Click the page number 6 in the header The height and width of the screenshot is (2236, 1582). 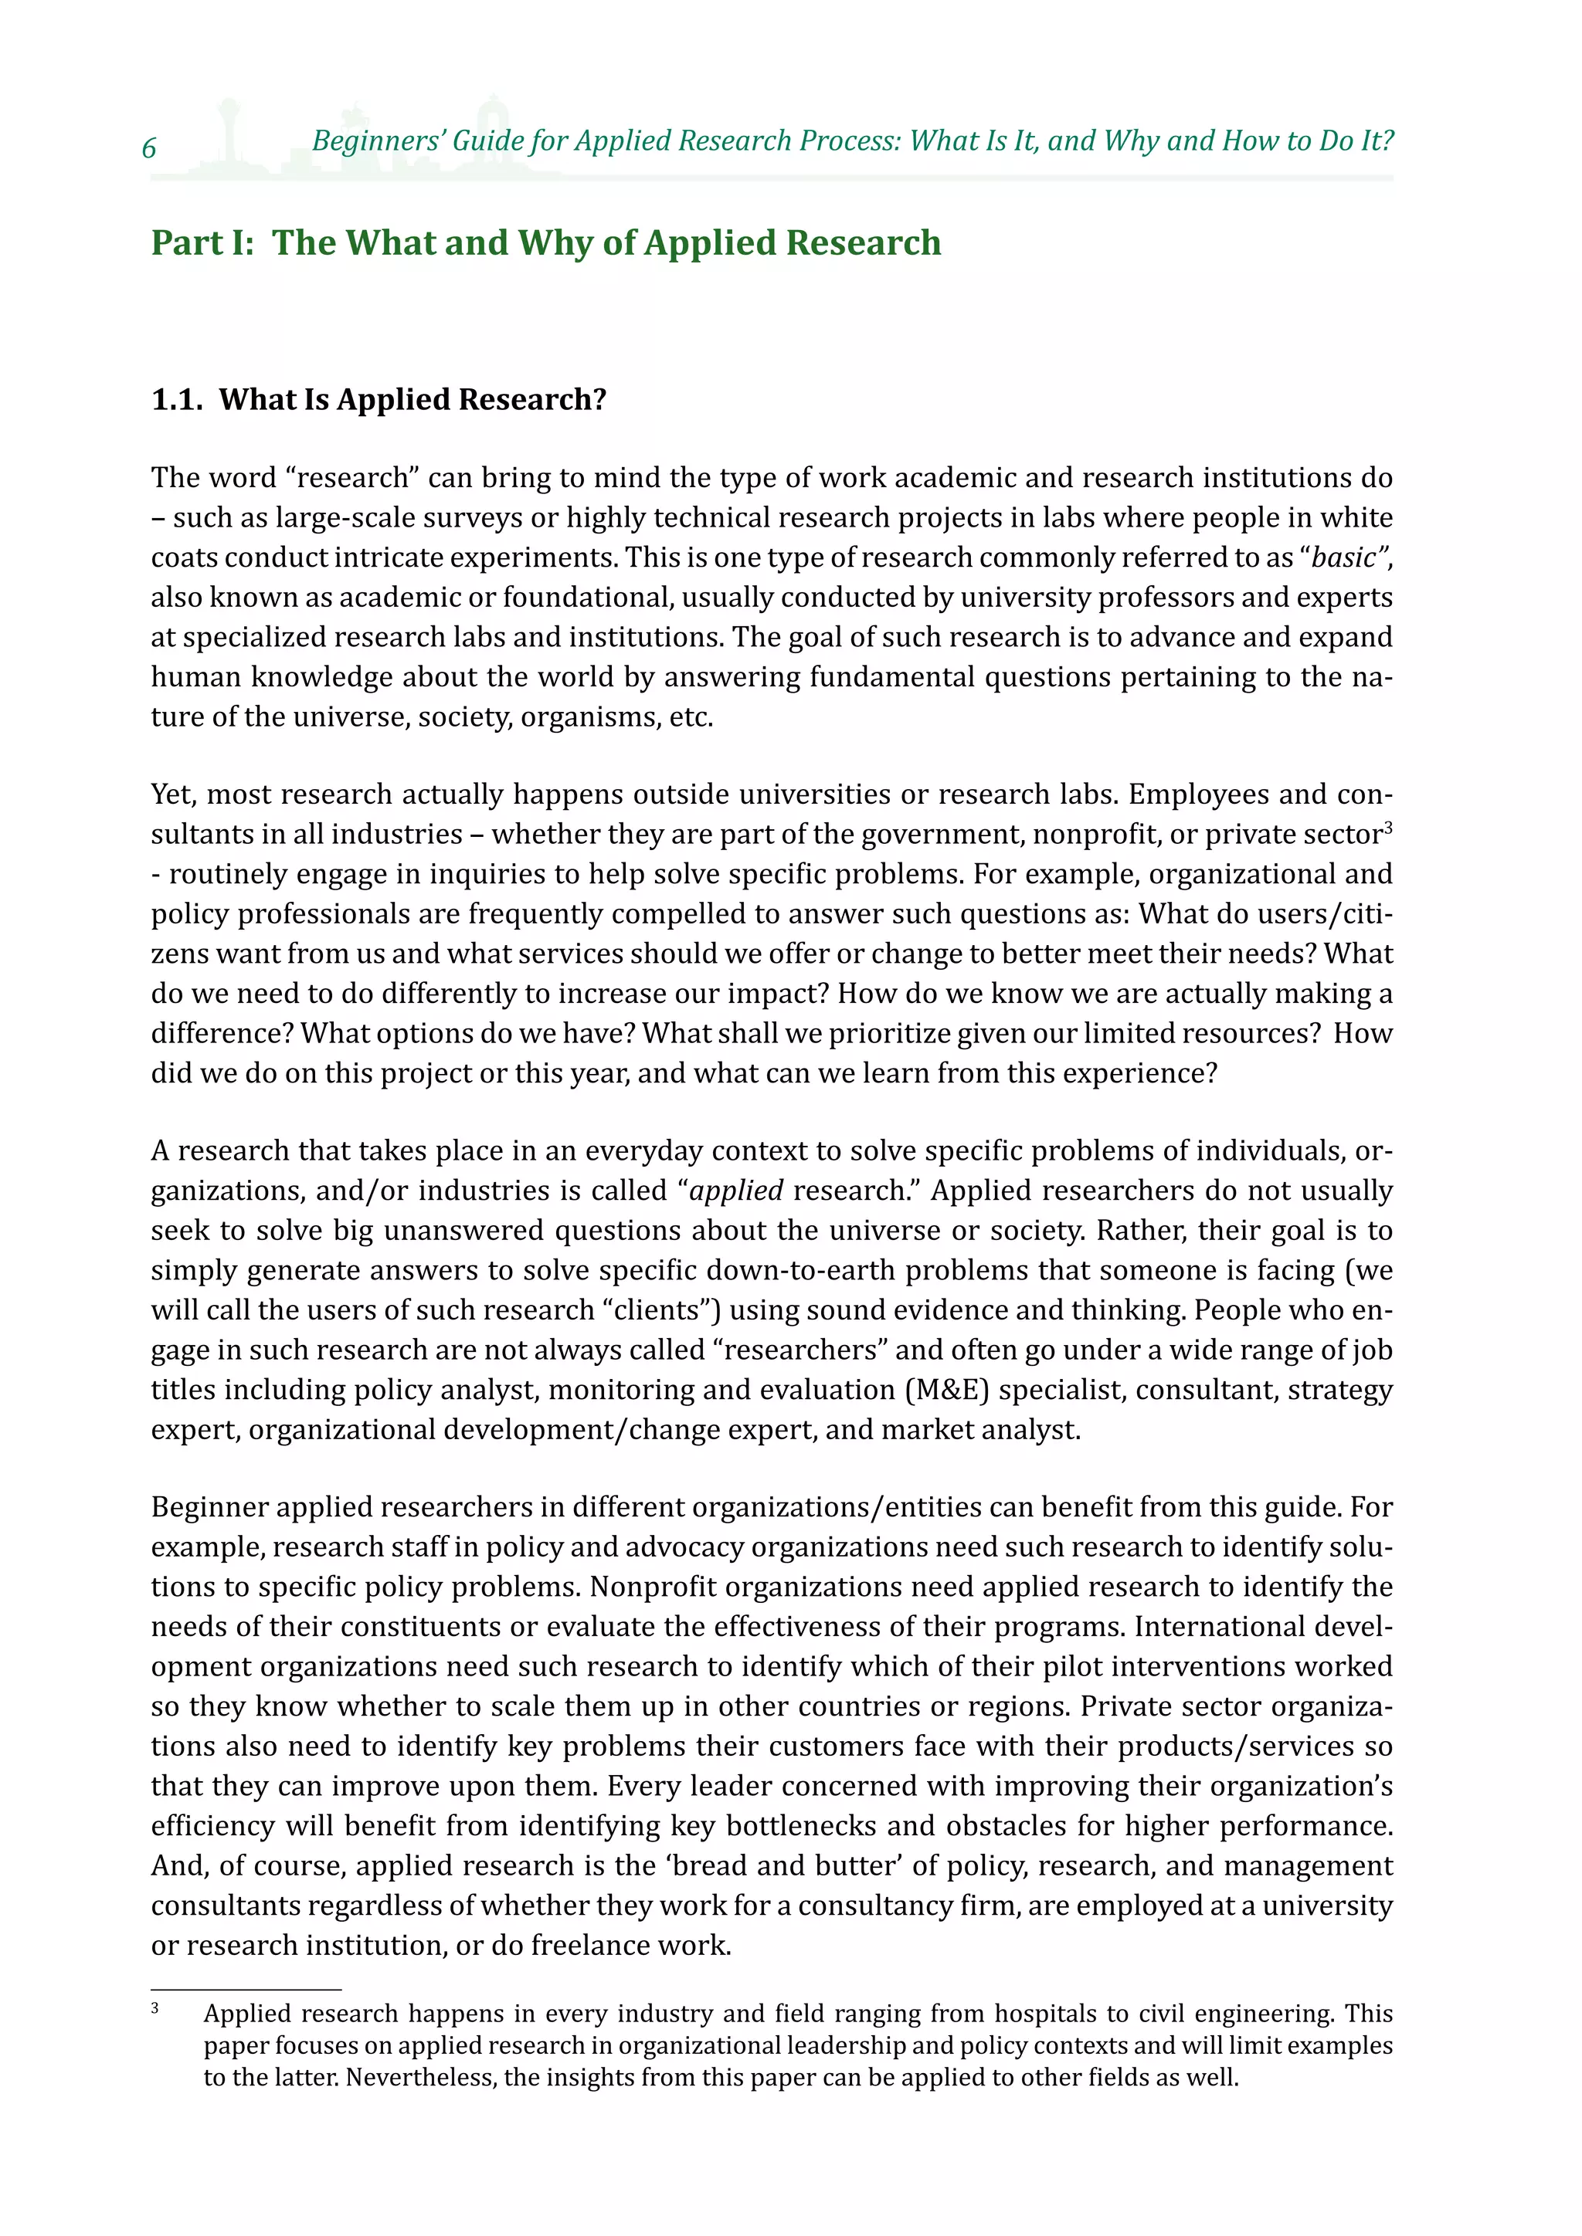tap(149, 148)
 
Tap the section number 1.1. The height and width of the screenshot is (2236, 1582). tap(176, 399)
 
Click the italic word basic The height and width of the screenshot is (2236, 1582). tap(1344, 557)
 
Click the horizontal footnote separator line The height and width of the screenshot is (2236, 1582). tap(246, 1990)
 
